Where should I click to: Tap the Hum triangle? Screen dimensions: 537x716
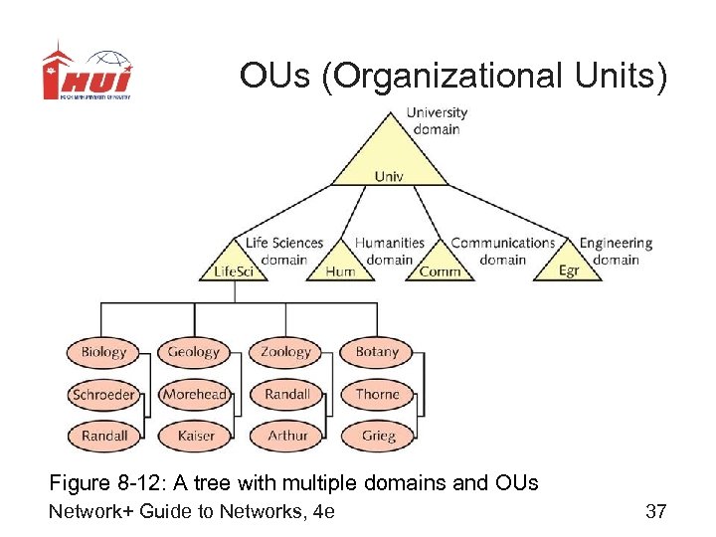pos(340,267)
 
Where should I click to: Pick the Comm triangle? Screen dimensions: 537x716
pos(440,267)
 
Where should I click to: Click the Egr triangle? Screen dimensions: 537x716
pos(568,266)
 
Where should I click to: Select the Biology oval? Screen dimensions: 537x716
pos(104,352)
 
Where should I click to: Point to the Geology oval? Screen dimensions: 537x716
pos(194,352)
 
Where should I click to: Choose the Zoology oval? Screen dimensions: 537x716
pos(286,352)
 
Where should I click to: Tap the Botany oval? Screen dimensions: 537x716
pos(377,352)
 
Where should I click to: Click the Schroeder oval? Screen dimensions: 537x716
pos(103,395)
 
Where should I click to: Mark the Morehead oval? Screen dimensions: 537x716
pos(195,395)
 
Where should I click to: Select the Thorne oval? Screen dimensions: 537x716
pos(377,395)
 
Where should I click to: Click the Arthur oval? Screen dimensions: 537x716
pos(287,436)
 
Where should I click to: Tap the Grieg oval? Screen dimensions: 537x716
pos(378,436)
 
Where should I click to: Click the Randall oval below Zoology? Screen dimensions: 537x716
pos(287,395)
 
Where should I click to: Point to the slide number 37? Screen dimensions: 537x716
pos(655,511)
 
